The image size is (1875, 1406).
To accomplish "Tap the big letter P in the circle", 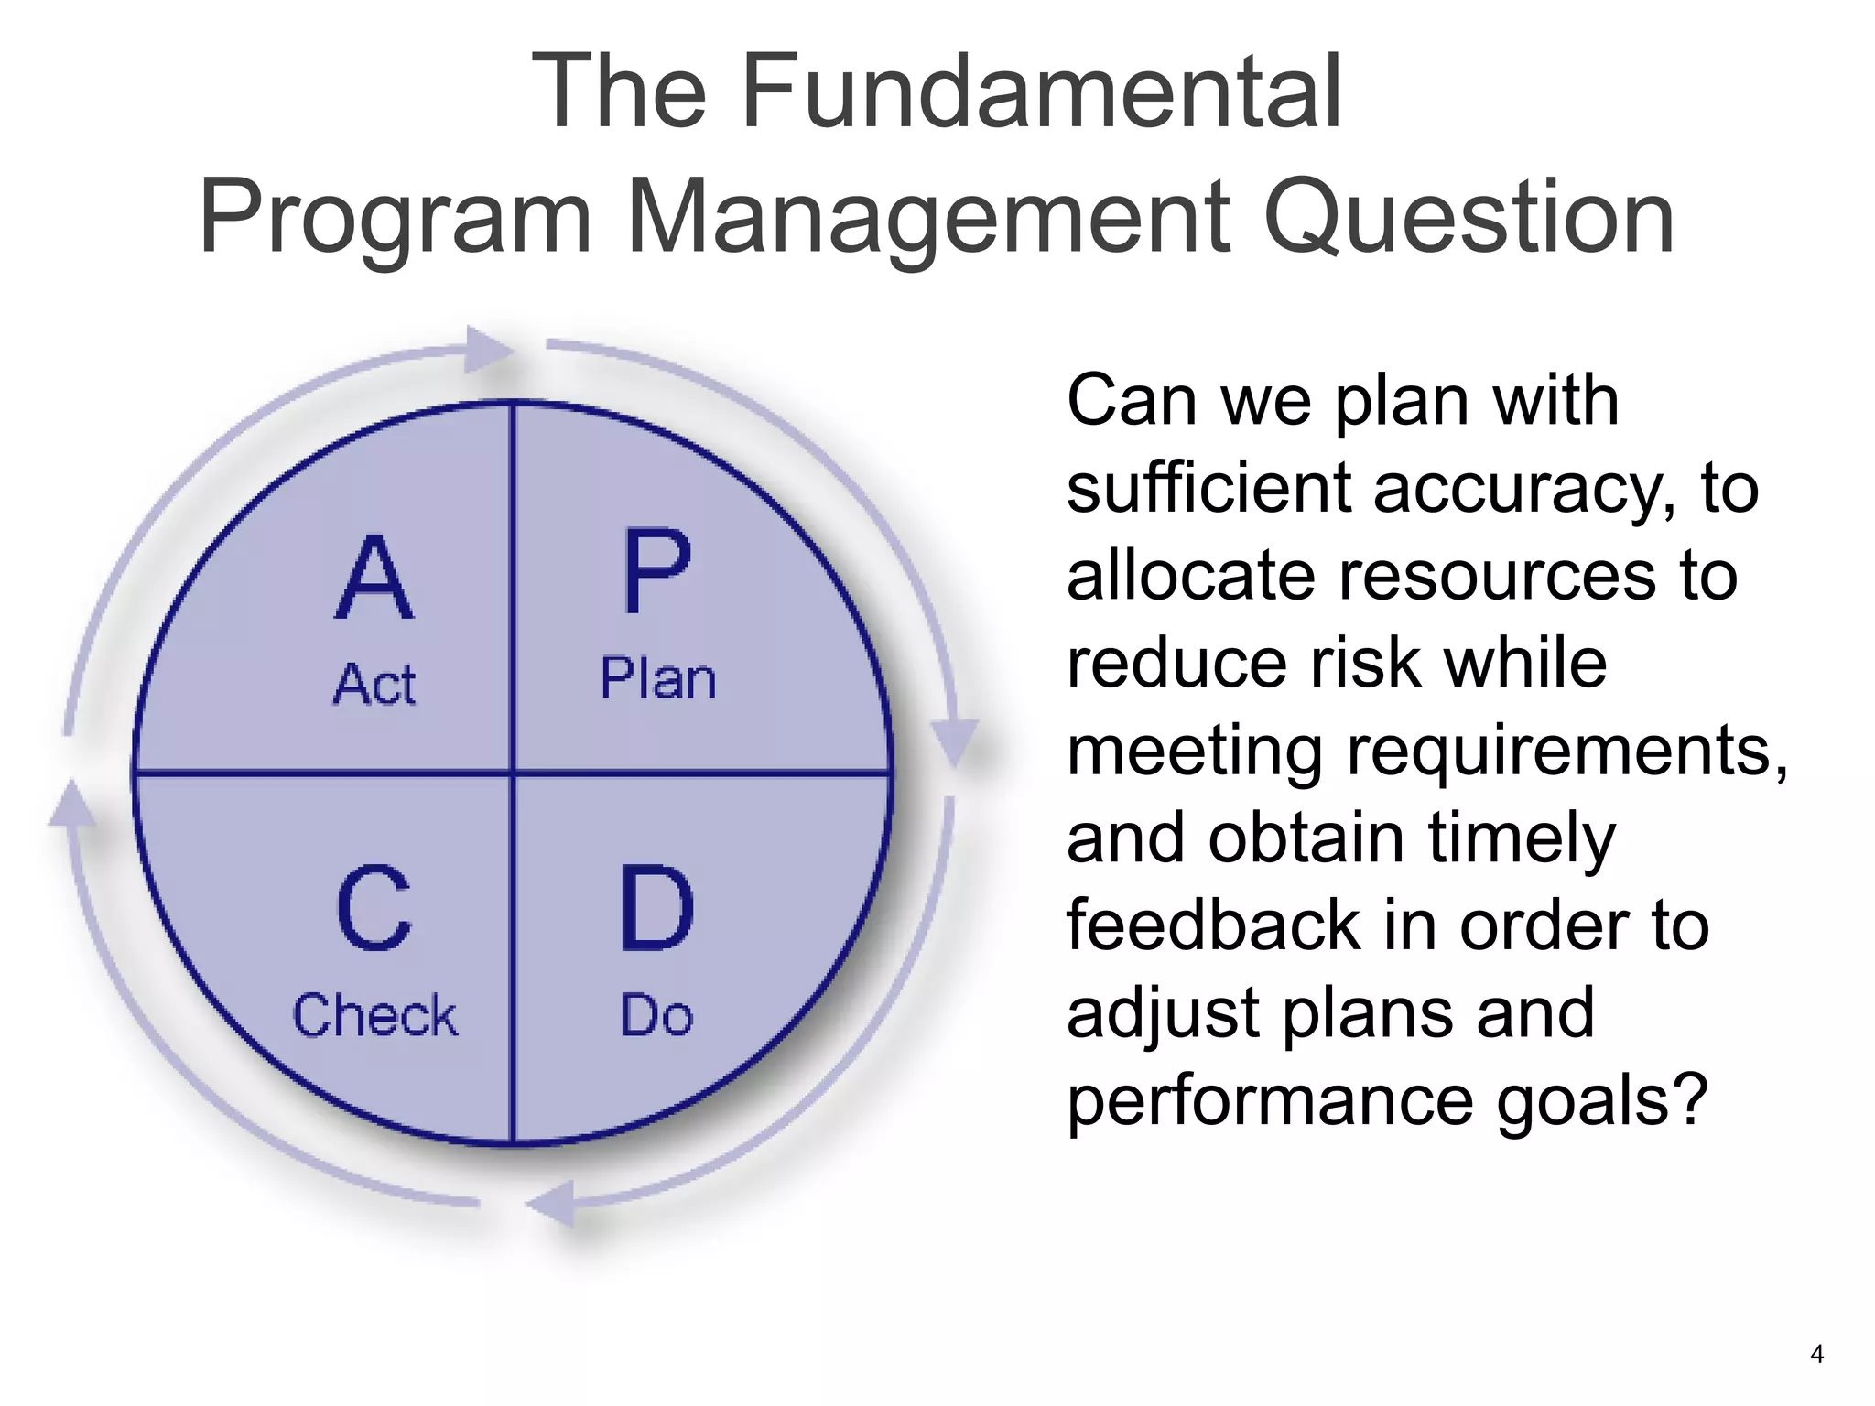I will pos(656,571).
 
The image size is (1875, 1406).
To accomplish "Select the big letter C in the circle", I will pos(374,908).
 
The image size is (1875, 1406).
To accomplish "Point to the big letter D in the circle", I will pos(656,908).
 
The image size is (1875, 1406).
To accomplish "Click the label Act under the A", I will pos(374,685).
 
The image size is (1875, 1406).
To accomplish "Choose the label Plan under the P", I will pos(657,679).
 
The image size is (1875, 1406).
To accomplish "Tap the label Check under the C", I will pos(374,1015).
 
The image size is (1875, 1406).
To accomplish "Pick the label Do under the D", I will pos(656,1015).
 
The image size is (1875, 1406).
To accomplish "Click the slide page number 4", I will pos(1817,1354).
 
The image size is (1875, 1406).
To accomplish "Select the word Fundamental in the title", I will pos(1041,92).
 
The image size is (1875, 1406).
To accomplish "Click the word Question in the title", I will pos(1469,217).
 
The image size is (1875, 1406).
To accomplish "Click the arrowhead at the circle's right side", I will pos(955,740).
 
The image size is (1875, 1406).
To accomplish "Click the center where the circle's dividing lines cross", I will pos(513,773).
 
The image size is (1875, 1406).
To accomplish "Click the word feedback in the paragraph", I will pos(1212,925).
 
